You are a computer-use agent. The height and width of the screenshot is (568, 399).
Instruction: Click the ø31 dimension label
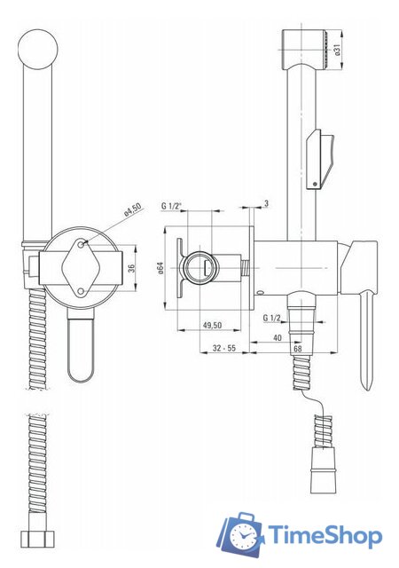(338, 50)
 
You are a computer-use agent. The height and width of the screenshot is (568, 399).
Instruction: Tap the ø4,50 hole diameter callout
(133, 210)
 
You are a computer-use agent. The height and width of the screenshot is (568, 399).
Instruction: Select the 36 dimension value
(131, 268)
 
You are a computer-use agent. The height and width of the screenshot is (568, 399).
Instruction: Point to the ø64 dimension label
(160, 268)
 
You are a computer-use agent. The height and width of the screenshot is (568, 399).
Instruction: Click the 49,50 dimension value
(212, 326)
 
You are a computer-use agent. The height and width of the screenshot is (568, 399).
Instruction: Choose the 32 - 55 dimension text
(224, 348)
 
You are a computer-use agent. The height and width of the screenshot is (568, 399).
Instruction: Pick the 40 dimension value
(278, 338)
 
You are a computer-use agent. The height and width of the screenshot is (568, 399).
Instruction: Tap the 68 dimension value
(298, 349)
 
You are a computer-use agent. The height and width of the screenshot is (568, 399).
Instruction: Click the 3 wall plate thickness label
(267, 203)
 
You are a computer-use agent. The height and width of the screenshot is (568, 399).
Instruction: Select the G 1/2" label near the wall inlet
(171, 206)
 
